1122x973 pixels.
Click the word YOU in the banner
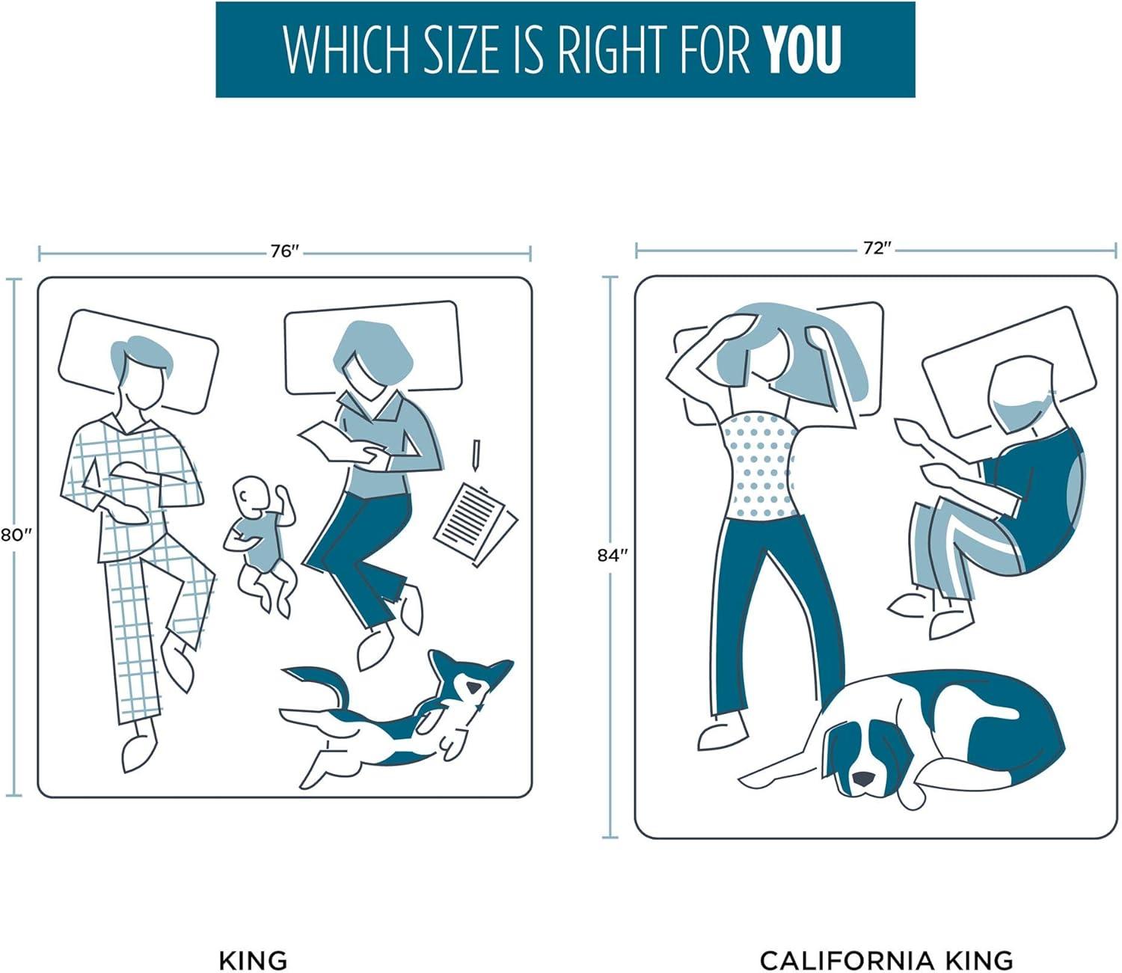click(803, 49)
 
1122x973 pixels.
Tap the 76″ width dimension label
click(284, 251)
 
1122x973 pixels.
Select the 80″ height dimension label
click(13, 535)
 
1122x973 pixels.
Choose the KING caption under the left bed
click(253, 945)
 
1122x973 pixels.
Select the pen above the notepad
click(476, 455)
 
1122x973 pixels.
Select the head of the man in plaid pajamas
click(141, 372)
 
